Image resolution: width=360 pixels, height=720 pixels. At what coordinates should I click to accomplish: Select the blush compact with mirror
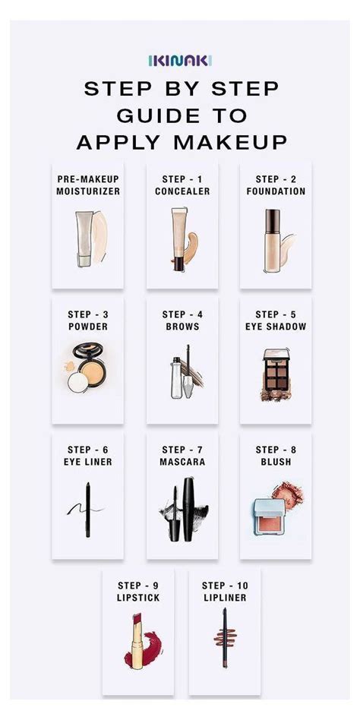tap(270, 515)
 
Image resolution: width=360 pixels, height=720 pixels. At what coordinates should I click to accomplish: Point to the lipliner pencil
tap(224, 640)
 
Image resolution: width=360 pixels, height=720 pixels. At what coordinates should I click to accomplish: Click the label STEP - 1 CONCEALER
tap(182, 185)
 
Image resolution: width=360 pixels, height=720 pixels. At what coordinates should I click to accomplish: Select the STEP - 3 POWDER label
tap(87, 320)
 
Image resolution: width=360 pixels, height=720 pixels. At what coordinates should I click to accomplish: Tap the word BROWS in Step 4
tap(182, 327)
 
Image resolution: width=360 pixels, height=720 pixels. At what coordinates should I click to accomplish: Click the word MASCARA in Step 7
tap(182, 461)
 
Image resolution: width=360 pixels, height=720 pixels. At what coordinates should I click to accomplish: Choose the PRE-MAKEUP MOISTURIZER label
tap(87, 185)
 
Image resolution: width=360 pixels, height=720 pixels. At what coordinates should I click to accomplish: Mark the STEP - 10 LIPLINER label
tap(225, 591)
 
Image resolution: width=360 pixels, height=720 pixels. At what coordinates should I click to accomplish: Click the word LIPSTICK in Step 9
tap(137, 598)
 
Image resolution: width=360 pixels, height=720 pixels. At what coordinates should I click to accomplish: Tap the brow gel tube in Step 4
tap(177, 374)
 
